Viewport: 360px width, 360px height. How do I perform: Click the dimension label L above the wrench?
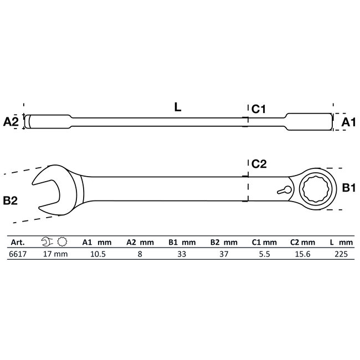pos(177,108)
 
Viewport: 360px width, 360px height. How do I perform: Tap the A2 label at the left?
pos(11,122)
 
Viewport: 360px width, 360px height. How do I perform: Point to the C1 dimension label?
pos(259,110)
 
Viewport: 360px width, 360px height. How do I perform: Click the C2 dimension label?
pos(259,164)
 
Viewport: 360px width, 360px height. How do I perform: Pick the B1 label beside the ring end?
pos(348,189)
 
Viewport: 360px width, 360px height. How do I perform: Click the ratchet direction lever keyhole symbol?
pos(283,190)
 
